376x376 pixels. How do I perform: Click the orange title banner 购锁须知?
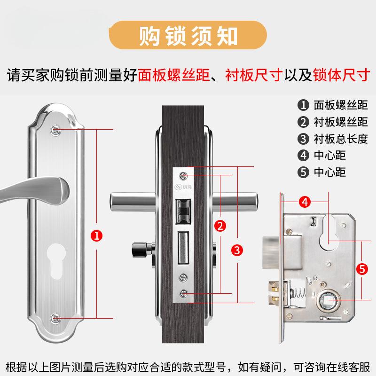[x=188, y=36]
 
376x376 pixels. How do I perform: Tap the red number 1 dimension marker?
[x=96, y=235]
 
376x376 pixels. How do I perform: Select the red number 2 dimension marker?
[x=220, y=225]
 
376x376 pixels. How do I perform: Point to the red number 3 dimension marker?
[x=238, y=250]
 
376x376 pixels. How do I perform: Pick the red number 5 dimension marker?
[x=361, y=269]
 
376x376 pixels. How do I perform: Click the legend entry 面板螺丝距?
[x=334, y=105]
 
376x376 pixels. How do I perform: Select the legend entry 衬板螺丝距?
[x=334, y=122]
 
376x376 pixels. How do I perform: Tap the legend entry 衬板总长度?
[x=334, y=139]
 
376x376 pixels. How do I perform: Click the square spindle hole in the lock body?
[x=328, y=299]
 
